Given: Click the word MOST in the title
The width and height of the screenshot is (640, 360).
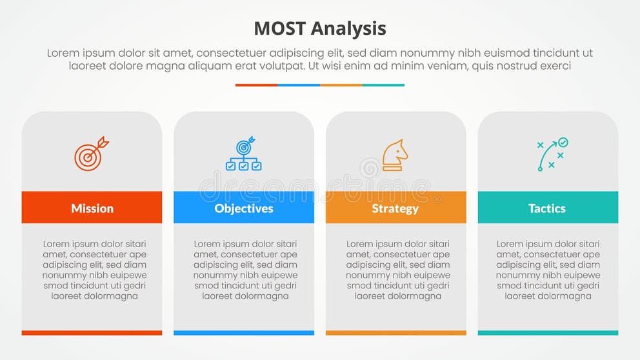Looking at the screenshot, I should click(279, 28).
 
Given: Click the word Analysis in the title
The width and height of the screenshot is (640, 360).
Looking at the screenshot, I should click(348, 29).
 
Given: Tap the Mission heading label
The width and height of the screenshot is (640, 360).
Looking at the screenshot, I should click(92, 208).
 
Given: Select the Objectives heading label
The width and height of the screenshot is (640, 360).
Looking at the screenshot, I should click(244, 208).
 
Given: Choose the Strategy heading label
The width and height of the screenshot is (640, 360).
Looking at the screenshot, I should click(395, 208).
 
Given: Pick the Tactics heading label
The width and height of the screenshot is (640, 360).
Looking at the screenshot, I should click(547, 208).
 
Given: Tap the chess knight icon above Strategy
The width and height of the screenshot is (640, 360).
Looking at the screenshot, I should click(395, 155).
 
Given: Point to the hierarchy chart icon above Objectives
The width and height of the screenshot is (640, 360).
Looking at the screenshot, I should click(243, 154).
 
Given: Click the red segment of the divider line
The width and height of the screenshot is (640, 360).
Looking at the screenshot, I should click(256, 85).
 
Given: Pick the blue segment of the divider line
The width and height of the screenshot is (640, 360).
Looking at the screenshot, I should click(299, 85).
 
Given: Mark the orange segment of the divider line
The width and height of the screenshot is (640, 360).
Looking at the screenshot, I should click(341, 85).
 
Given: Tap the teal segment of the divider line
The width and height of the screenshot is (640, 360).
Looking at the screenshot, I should click(383, 85).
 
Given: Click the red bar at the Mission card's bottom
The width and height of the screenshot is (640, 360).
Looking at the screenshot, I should click(92, 333).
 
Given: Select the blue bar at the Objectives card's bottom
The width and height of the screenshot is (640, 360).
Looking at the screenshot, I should click(244, 333).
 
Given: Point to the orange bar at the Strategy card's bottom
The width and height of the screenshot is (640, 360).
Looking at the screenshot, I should click(395, 333).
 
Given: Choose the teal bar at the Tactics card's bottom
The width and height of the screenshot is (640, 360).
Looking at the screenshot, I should click(548, 333).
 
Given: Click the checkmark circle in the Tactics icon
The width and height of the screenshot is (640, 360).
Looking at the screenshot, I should click(563, 142).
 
